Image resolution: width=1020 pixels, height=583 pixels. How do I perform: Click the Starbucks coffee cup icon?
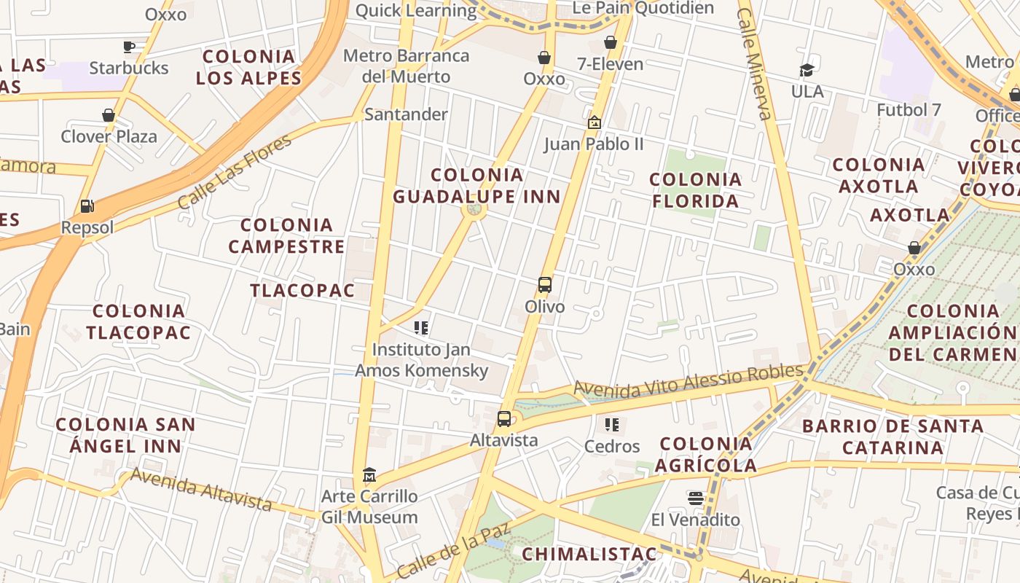point(129,47)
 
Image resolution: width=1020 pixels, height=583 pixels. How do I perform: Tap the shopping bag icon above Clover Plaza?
point(109,115)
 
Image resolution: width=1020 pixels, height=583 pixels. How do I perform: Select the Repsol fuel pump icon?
point(87,206)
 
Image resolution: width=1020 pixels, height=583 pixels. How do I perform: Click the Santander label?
point(406,114)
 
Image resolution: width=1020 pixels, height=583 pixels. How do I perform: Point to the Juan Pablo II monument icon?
point(595,122)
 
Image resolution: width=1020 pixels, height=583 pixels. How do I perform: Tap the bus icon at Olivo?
point(545,285)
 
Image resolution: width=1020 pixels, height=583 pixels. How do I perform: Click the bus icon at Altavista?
point(503,419)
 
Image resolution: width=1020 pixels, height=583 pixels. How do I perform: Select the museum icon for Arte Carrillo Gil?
point(369,475)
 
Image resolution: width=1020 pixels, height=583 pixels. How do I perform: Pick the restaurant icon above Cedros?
point(612,424)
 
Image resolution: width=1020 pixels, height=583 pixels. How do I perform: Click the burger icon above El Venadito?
point(696,498)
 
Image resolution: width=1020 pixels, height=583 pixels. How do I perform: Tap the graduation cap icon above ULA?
point(807,70)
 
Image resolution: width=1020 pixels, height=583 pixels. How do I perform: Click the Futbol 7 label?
point(909,110)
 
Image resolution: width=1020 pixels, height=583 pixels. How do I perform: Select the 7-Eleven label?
point(611,64)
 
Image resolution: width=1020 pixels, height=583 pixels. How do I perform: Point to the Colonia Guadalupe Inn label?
point(477,186)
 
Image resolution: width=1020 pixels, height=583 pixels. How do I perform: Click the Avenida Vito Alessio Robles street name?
point(688,382)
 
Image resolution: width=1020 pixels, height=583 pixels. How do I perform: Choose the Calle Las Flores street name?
point(235,172)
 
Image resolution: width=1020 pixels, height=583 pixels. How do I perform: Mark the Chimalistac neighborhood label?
point(589,554)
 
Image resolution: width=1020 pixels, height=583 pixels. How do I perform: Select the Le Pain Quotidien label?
point(643,8)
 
